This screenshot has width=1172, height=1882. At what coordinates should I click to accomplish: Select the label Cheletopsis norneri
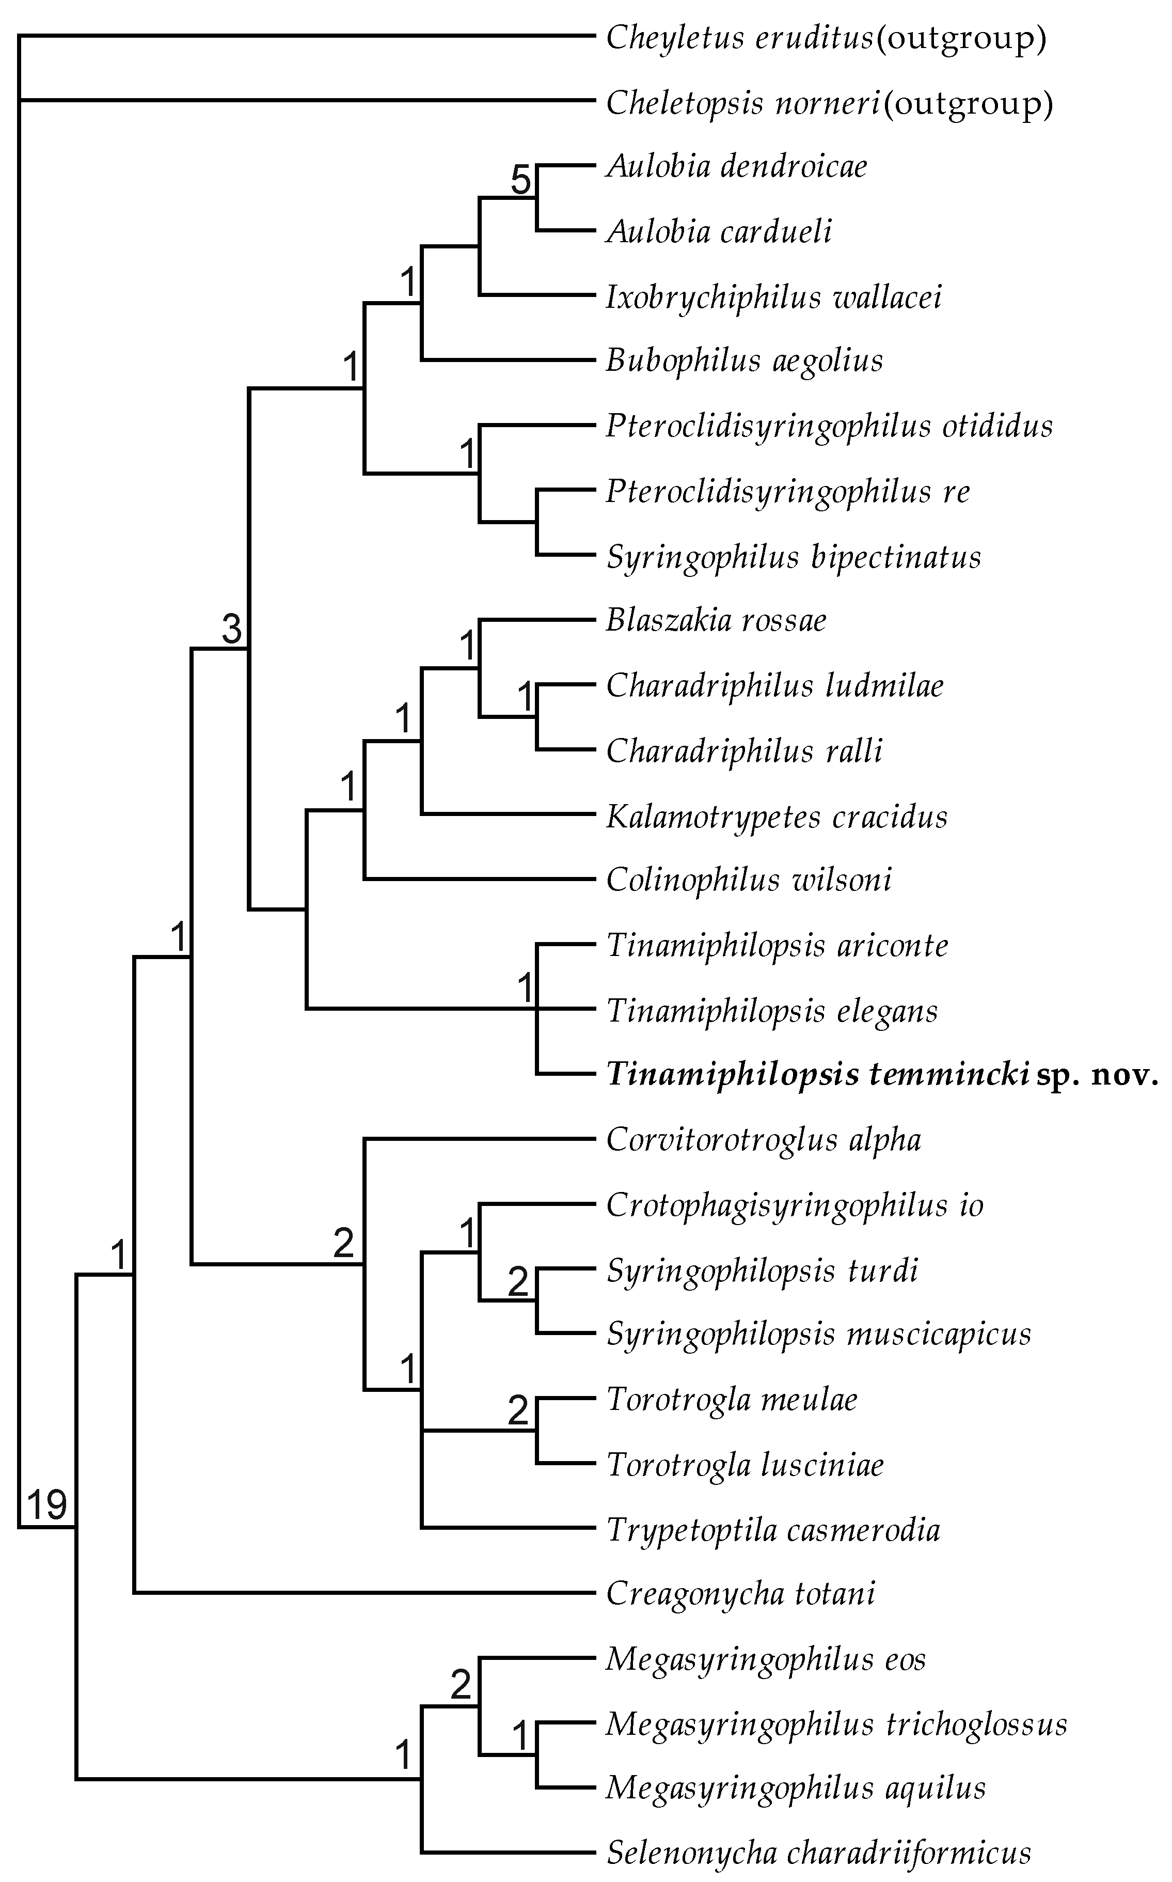[742, 102]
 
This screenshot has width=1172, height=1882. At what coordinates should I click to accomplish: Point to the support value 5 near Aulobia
[521, 181]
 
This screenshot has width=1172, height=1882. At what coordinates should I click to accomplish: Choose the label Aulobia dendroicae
[736, 166]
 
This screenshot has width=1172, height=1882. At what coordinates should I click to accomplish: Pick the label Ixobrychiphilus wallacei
[773, 297]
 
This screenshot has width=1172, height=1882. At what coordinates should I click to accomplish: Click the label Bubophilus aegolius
[744, 360]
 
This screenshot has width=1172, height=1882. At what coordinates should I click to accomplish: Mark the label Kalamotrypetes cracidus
[777, 817]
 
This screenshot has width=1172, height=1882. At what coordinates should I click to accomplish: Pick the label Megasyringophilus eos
[766, 1659]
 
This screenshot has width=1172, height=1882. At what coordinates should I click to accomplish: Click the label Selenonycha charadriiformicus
[818, 1853]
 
